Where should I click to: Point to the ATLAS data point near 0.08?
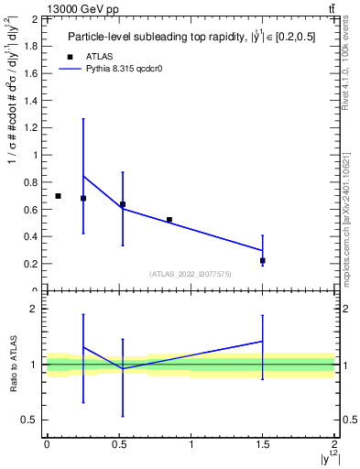[58, 196]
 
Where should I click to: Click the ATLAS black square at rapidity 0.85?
[169, 220]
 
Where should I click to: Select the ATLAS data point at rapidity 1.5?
[263, 261]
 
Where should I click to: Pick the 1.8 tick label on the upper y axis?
[30, 46]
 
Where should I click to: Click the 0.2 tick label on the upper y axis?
[30, 264]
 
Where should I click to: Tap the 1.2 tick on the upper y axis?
[30, 127]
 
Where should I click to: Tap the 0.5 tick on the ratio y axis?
[30, 420]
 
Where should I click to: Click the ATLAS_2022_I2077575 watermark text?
[191, 273]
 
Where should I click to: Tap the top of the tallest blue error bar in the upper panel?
[83, 118]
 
